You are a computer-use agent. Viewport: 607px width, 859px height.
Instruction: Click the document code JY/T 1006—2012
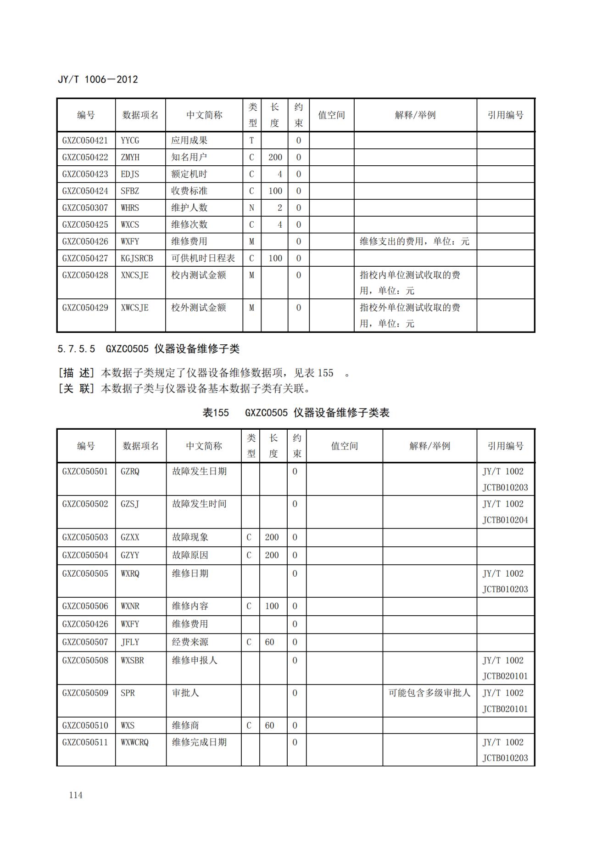coord(98,79)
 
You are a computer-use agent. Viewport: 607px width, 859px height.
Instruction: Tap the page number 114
coord(76,795)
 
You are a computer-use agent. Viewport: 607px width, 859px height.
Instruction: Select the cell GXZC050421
coord(85,140)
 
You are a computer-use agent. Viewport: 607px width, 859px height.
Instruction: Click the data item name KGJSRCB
coord(137,258)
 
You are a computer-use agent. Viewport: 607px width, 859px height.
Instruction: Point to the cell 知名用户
coord(189,157)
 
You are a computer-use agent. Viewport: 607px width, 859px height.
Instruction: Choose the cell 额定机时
coord(189,174)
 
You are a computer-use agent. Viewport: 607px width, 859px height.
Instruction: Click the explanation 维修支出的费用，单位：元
coord(414,241)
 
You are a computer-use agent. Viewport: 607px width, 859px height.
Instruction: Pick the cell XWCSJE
coord(134,308)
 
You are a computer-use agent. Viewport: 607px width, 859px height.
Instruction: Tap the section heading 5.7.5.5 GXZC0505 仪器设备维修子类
coord(148,349)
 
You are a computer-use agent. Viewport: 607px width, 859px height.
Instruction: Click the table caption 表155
coord(216,413)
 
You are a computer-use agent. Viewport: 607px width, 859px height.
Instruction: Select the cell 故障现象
coord(190,537)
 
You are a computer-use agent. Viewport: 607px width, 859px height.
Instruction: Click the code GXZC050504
coord(85,556)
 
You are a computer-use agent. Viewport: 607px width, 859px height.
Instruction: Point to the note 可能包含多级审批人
coord(429,693)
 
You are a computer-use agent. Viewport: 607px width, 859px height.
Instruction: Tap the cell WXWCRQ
coord(134,742)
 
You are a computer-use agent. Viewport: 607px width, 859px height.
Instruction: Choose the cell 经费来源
coord(190,642)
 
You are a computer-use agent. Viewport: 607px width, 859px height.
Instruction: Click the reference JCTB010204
coord(505,520)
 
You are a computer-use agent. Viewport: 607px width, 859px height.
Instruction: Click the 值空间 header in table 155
coord(344,446)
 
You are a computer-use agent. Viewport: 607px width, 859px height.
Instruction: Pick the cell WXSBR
coord(132,660)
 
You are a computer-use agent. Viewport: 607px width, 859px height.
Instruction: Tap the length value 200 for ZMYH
coord(275,157)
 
